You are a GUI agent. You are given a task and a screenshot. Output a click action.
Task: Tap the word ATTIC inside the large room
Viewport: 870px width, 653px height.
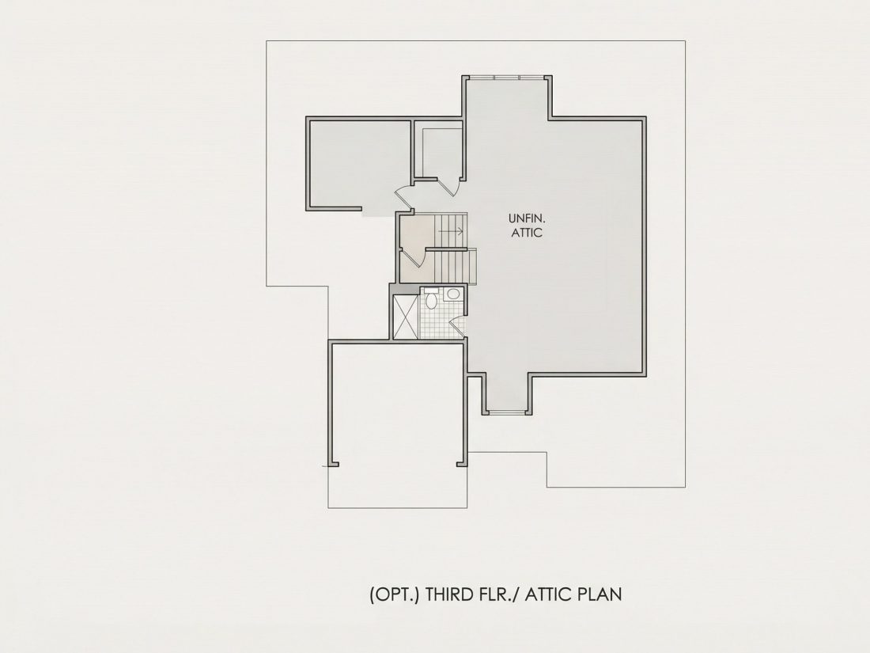(x=527, y=233)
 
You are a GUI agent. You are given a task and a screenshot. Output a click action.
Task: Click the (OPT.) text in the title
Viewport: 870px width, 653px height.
(x=394, y=594)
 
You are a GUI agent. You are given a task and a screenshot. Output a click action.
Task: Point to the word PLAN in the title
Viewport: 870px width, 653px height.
(x=600, y=594)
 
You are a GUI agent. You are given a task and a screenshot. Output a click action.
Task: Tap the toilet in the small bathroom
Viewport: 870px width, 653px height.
(x=431, y=299)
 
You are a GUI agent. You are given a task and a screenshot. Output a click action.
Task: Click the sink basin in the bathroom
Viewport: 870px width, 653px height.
(x=453, y=294)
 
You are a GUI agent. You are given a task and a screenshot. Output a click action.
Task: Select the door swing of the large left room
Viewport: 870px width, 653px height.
(x=403, y=196)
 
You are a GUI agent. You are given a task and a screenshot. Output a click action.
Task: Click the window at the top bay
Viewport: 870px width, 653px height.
(x=506, y=78)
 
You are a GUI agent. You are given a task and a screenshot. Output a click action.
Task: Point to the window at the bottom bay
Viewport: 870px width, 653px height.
(x=506, y=412)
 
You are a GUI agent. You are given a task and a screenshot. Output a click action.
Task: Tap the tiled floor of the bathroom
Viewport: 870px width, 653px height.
(x=441, y=322)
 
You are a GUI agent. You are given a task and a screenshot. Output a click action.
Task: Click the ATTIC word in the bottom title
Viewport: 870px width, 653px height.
(x=549, y=594)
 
